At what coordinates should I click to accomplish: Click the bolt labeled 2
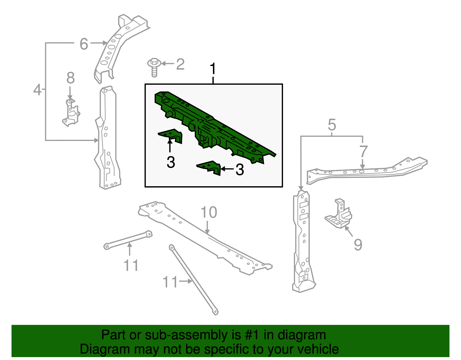154,67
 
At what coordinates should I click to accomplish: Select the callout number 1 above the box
213,68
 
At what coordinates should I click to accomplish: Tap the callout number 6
84,44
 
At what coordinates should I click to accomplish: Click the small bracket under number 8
71,113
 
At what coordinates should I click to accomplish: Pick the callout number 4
37,90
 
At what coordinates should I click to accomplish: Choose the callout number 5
332,125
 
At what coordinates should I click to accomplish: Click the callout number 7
363,152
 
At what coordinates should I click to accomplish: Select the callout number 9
358,245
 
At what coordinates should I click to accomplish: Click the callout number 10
209,212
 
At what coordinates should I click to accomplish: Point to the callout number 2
180,64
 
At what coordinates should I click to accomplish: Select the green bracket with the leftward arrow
209,167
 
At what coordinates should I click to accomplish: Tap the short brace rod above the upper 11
128,240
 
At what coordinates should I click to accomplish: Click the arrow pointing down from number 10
207,227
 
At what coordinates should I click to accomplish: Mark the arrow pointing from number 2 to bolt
168,63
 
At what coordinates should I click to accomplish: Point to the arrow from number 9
349,231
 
